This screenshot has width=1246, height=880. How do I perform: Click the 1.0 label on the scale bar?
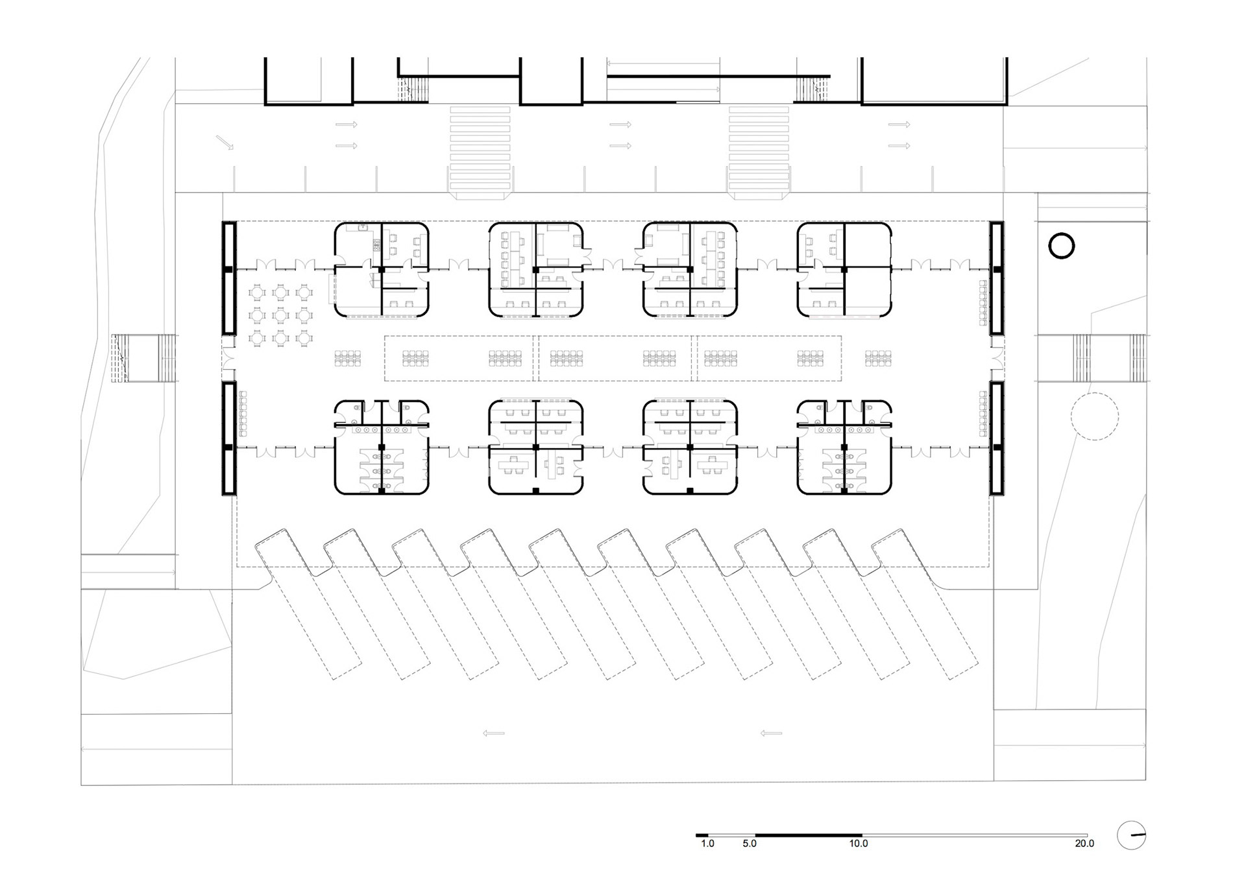coord(707,844)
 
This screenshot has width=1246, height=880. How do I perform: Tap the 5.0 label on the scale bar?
coord(750,844)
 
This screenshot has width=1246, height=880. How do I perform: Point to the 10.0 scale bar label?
coord(858,844)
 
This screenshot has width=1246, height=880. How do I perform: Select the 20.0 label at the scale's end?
coord(1084,844)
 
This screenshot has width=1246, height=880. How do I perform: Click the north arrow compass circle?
coord(1131,836)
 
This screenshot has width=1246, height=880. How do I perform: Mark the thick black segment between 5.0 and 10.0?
coord(809,835)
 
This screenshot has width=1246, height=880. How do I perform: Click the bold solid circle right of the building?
coord(1062,246)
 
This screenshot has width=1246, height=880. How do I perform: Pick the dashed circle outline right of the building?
coord(1094,417)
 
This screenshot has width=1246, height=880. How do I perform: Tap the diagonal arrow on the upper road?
coord(225,143)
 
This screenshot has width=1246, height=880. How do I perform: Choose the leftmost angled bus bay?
coord(308,603)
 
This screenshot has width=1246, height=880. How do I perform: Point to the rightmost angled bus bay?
coord(925,603)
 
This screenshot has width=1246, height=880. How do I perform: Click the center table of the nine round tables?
coord(280,316)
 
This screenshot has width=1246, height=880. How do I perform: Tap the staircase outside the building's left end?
coord(144,358)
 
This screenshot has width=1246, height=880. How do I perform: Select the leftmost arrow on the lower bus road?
coord(494,733)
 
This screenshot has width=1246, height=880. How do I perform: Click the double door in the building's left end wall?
coord(228,358)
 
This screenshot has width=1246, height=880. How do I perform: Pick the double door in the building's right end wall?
coord(997,358)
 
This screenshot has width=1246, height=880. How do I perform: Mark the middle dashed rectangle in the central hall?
coord(615,358)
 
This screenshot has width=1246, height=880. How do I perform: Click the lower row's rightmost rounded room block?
coord(844,447)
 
